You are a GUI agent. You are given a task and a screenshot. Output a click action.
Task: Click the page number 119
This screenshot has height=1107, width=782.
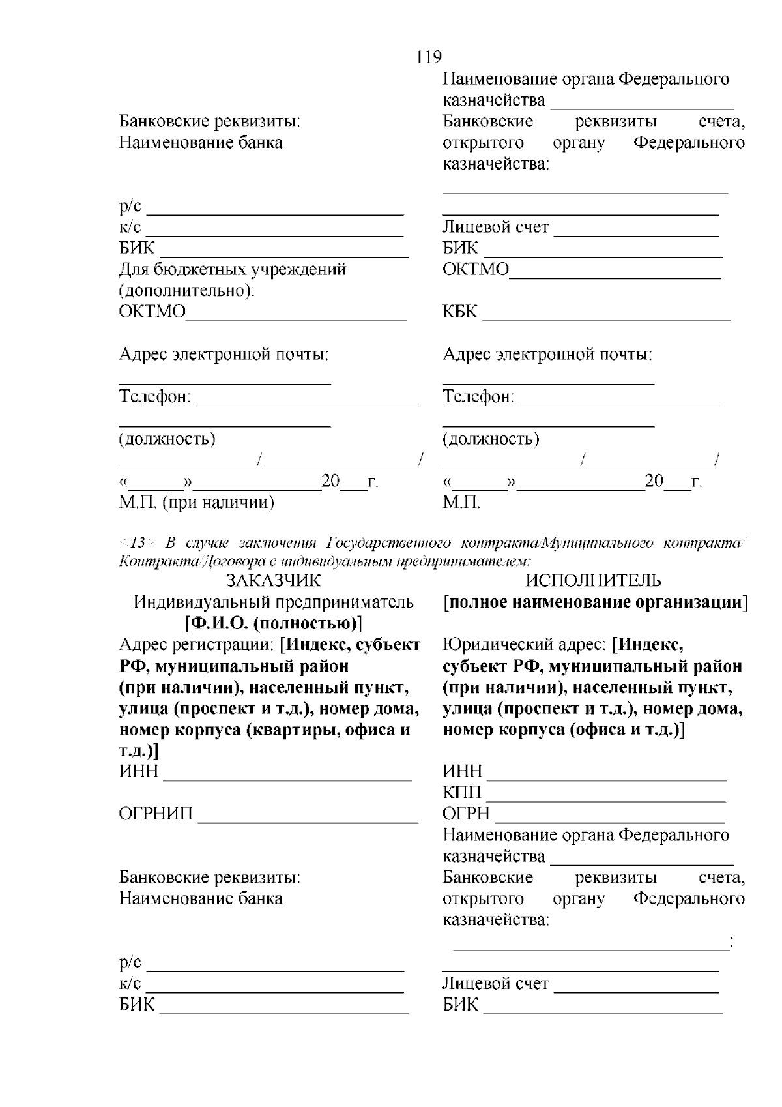(x=428, y=57)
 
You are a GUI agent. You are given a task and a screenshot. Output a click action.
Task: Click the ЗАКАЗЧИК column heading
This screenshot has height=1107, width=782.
(x=273, y=580)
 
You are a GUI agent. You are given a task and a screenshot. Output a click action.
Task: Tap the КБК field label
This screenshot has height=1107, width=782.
(x=460, y=312)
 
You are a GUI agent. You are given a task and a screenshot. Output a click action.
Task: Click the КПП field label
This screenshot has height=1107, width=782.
(x=462, y=792)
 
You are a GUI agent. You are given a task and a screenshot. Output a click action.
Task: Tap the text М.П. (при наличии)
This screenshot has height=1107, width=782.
(x=196, y=502)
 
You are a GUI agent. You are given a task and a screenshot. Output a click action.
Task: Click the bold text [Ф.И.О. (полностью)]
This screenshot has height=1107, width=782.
(x=273, y=623)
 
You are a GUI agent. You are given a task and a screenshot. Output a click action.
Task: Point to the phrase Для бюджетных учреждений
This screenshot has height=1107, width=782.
(x=232, y=269)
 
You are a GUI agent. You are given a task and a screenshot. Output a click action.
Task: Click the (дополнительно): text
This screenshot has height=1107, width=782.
(x=186, y=290)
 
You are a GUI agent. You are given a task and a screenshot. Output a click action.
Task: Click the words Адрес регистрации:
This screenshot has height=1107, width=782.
(x=196, y=645)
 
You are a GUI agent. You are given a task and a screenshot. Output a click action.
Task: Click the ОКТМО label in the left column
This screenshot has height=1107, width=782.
(x=152, y=312)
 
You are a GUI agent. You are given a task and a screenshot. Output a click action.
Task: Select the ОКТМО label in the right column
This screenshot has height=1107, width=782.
(x=476, y=269)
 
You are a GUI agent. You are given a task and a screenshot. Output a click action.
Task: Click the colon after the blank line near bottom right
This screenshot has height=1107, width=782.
(x=732, y=941)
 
